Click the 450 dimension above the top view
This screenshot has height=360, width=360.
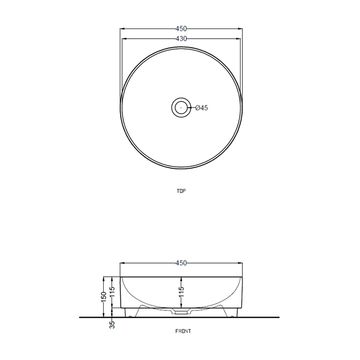coord(181,29)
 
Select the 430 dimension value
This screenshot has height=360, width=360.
coord(181,39)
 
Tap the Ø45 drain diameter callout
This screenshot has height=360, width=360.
coord(201,108)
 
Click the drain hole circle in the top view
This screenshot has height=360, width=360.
coord(181,108)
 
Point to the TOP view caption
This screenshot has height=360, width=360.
coord(181,191)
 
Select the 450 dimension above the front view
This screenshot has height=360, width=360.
coord(181,263)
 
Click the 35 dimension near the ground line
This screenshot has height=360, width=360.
coord(112,324)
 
